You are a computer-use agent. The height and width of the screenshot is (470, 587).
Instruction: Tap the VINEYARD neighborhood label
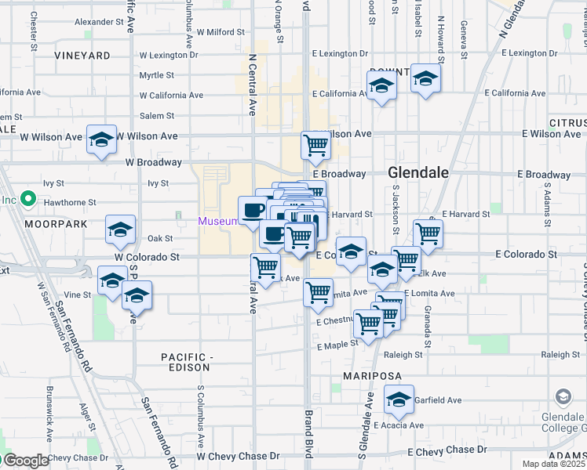point(82,56)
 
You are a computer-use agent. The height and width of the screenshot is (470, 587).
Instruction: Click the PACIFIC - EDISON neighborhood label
point(186,362)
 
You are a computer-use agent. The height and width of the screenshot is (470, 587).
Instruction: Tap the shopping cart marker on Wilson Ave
point(315,145)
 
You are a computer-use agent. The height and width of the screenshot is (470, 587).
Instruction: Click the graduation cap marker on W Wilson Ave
point(102,139)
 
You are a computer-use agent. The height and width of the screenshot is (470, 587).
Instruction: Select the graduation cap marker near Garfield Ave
point(399,399)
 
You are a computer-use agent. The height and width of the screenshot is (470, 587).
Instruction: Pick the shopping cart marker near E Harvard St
point(428,233)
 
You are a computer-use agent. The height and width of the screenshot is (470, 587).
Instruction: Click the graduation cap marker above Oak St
point(120,229)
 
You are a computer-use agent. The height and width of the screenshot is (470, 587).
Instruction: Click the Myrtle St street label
point(156,75)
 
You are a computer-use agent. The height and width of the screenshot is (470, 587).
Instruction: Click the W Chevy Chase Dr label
point(238,456)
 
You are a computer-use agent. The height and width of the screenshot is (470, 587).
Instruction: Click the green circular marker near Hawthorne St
point(27,199)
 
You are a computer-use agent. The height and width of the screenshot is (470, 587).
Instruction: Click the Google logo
point(25,461)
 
